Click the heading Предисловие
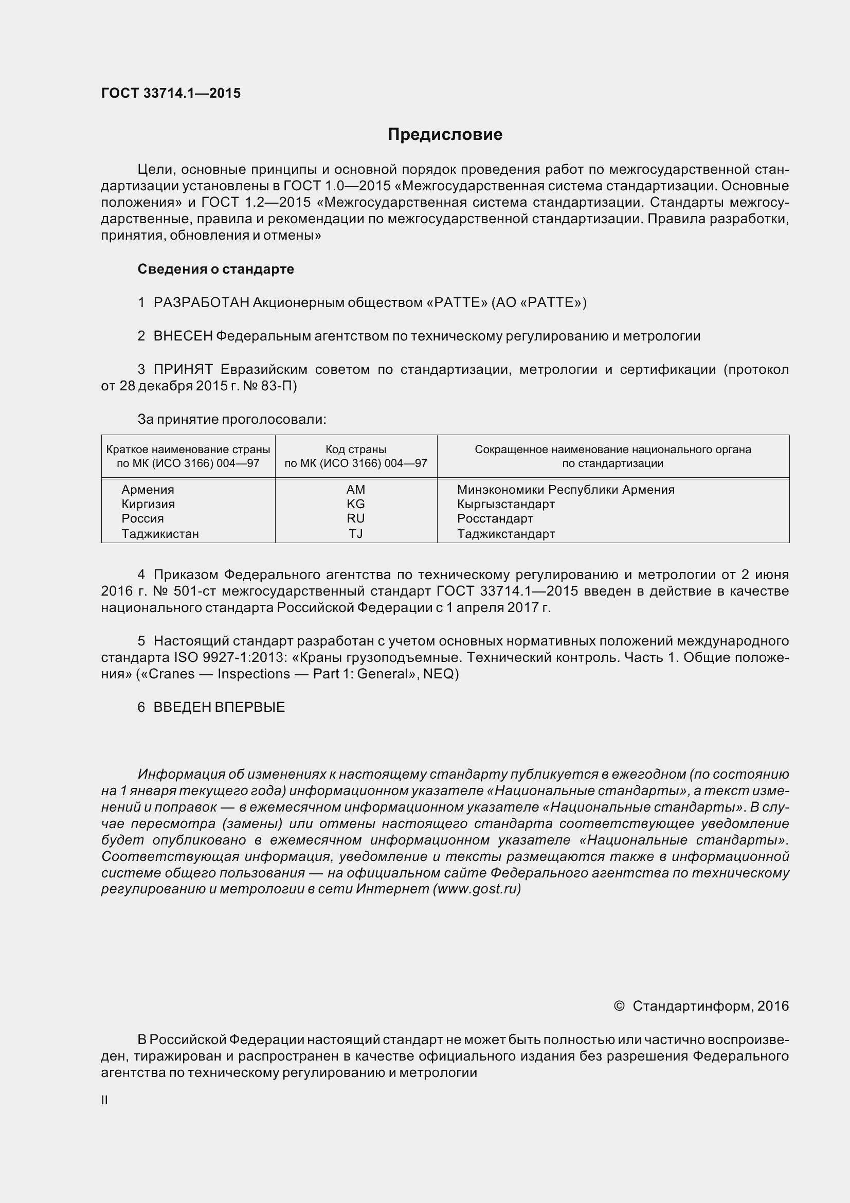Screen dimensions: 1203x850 coord(445,135)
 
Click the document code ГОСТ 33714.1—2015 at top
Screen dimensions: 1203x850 coord(171,93)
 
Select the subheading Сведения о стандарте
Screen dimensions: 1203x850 coord(215,269)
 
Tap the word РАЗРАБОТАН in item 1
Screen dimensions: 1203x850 coord(201,302)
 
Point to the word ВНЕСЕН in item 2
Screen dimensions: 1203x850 coord(183,336)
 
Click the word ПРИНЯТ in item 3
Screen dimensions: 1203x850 coord(183,369)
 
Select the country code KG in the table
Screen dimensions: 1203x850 coord(356,504)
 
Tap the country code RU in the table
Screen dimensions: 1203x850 coord(356,519)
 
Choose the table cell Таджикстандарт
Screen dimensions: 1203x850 coord(505,534)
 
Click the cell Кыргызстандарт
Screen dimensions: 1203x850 coord(505,504)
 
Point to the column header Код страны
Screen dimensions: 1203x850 coord(356,449)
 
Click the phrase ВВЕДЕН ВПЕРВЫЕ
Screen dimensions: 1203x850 coord(219,707)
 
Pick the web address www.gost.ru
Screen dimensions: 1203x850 coord(477,889)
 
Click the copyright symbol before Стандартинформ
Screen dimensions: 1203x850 coord(619,1006)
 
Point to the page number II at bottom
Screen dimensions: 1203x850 coord(104,1100)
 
